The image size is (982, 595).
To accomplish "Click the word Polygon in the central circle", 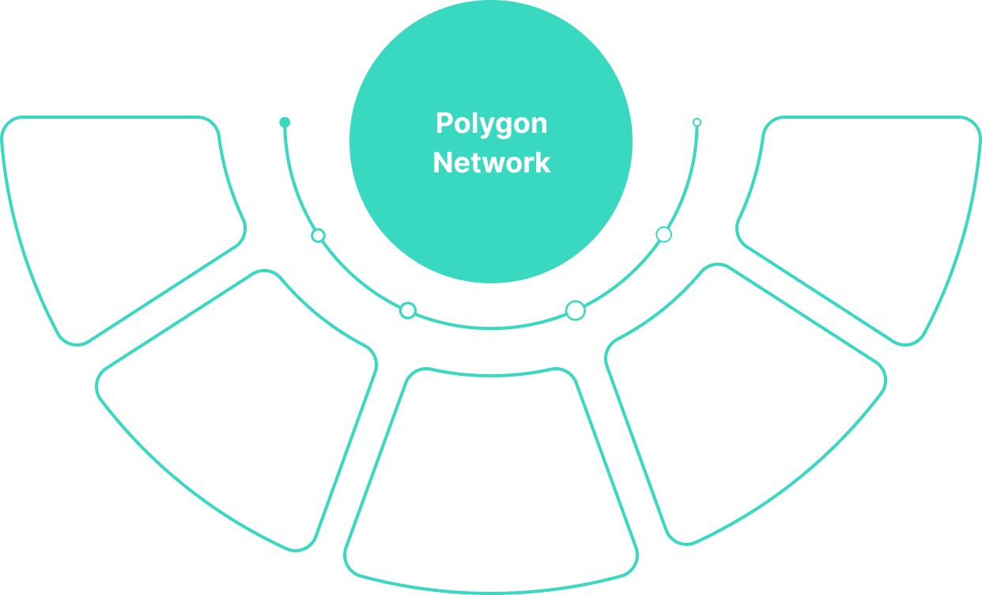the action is (x=491, y=124).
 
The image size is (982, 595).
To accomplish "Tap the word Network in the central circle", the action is (x=491, y=162).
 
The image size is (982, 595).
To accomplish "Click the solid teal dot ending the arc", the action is (x=285, y=123).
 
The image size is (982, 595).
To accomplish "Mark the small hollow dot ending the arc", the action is (x=697, y=123).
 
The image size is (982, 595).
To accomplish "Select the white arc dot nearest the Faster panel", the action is (x=318, y=235).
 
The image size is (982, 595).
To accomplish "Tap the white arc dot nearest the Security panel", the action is (x=663, y=234).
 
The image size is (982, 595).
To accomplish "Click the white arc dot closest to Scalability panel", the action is (x=576, y=310).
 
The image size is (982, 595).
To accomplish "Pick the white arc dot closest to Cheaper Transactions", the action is (x=407, y=310).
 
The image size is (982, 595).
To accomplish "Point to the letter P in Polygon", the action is (x=443, y=124).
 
